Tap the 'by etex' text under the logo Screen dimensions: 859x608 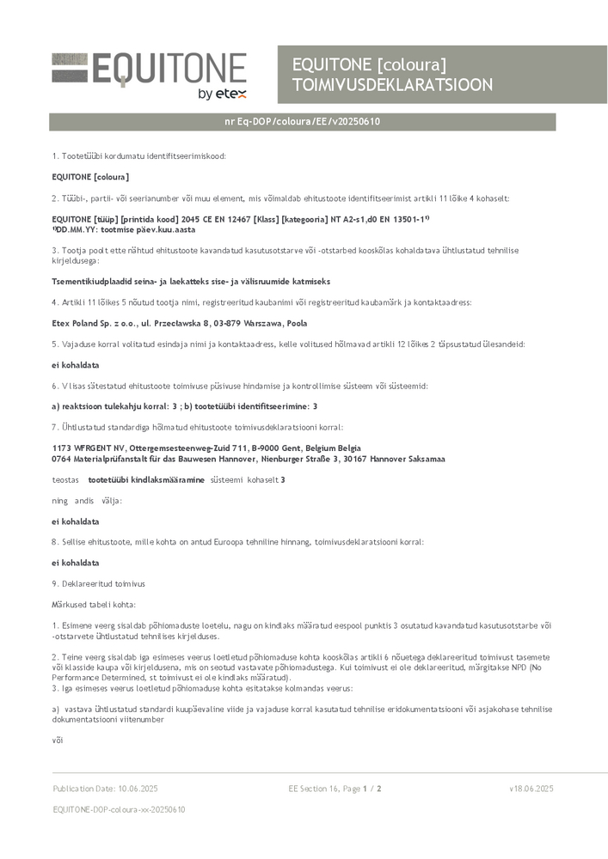point(221,94)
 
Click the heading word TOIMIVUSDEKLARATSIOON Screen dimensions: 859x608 point(392,85)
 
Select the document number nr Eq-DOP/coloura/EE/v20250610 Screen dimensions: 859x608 point(302,122)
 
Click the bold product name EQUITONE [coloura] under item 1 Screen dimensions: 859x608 point(90,177)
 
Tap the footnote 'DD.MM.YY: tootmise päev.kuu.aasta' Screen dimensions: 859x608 point(124,230)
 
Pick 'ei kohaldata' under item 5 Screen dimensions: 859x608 point(76,365)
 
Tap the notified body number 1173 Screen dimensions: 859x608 point(62,448)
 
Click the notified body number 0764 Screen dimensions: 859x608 point(62,459)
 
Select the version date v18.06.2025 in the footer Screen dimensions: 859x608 point(531,789)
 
